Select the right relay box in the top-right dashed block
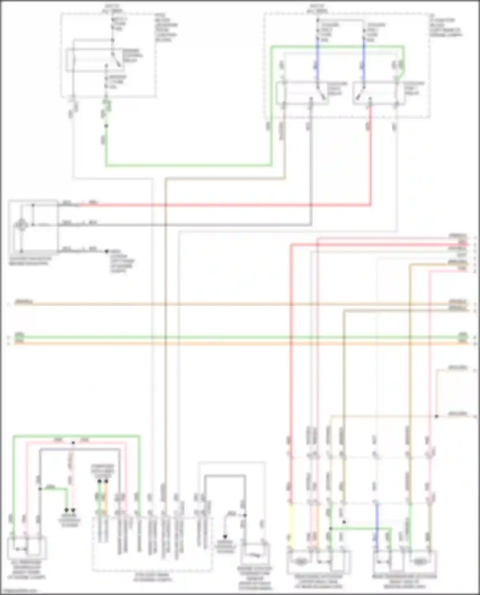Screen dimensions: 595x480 click(x=379, y=93)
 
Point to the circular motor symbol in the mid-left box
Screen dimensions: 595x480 click(x=21, y=225)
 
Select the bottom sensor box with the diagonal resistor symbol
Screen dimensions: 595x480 click(x=255, y=555)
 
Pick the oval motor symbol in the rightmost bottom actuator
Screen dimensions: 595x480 click(x=420, y=561)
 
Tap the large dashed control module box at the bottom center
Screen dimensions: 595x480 click(x=152, y=544)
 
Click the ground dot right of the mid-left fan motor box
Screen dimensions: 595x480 click(x=107, y=251)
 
